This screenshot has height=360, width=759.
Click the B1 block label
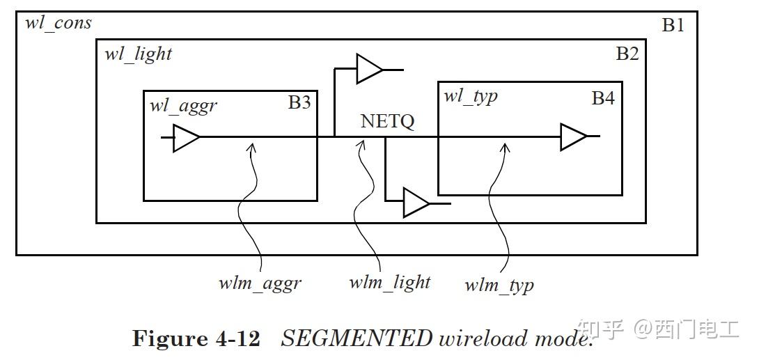point(673,26)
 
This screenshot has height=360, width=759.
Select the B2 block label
point(627,54)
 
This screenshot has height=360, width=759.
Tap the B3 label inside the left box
point(299,102)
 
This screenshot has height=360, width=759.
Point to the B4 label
point(603,98)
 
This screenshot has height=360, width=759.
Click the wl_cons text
point(58,22)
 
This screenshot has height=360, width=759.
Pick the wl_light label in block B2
point(138,54)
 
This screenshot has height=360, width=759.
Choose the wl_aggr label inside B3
point(183,106)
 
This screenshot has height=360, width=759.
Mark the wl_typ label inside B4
point(471,95)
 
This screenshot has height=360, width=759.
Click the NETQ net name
point(387,121)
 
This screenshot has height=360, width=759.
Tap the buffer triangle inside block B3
point(185,138)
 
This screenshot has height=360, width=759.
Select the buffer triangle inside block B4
point(573,137)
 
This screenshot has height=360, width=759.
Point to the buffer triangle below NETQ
point(416,204)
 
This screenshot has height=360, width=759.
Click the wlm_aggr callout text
point(260,283)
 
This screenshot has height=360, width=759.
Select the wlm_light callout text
point(389,282)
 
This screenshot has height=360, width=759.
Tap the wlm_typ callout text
point(499,284)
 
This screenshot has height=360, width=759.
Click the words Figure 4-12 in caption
point(196,338)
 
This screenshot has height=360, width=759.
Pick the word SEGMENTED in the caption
point(357,338)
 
